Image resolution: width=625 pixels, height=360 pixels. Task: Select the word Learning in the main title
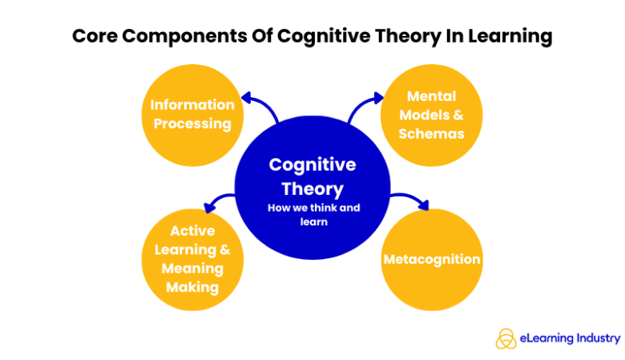[x=508, y=37]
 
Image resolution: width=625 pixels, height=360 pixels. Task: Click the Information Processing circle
[x=193, y=114]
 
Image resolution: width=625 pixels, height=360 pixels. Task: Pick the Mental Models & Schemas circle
[x=431, y=114]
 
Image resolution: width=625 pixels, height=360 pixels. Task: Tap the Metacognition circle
[x=431, y=259]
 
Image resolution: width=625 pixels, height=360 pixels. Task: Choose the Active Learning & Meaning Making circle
[x=192, y=258]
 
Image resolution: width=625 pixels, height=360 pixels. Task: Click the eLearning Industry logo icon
[x=506, y=338]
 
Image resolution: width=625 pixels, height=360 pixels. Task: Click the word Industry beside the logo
[x=598, y=338]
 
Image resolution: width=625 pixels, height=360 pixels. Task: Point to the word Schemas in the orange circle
[x=431, y=134]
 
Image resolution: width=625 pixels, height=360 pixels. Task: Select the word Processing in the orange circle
[x=193, y=123]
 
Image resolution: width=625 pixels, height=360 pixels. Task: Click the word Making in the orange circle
[x=192, y=286]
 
